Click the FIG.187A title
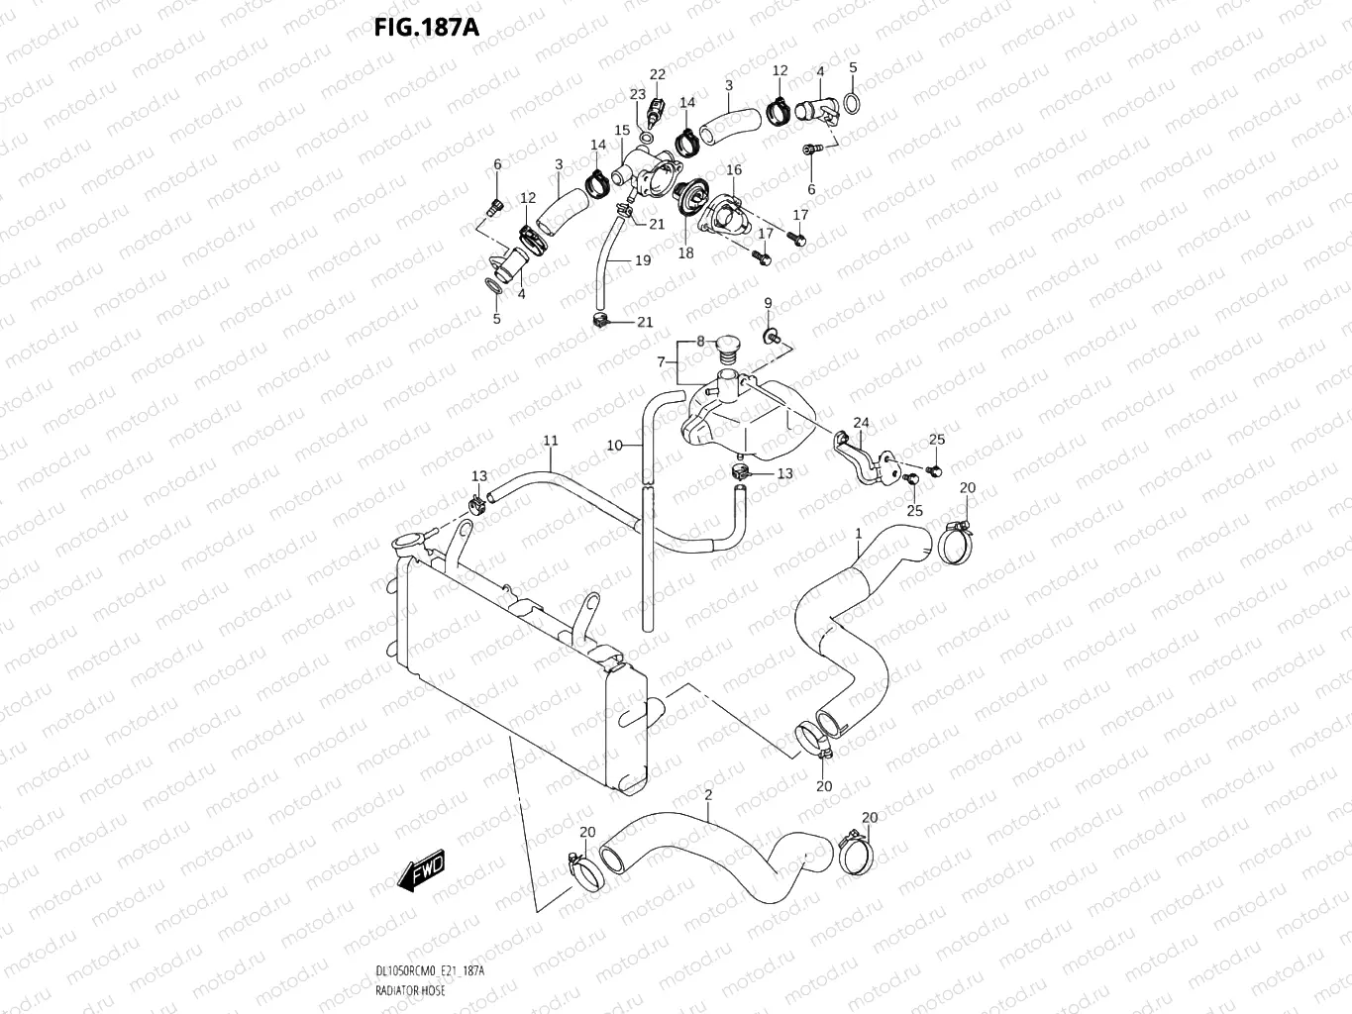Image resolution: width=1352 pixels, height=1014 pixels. [427, 28]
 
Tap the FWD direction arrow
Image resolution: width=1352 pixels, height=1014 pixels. [421, 870]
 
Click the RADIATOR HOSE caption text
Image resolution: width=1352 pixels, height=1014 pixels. [410, 990]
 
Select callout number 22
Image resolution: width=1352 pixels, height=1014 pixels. [658, 74]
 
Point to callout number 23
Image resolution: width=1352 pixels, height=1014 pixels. [638, 94]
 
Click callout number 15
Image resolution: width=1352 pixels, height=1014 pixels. [622, 130]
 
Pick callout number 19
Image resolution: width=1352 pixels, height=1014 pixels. [643, 260]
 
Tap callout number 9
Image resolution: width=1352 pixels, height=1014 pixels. [768, 303]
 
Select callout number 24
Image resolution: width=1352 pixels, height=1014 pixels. [861, 423]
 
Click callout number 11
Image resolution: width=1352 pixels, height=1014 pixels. [551, 441]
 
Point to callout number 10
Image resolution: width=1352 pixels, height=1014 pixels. [615, 446]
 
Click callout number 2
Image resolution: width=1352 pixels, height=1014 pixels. [708, 795]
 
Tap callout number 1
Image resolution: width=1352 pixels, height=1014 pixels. [859, 534]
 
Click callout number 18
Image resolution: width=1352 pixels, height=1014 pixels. [685, 253]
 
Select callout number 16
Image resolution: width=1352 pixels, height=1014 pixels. [734, 169]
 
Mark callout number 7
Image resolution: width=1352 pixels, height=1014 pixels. [661, 362]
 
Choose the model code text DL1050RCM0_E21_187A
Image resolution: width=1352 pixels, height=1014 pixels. [430, 970]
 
